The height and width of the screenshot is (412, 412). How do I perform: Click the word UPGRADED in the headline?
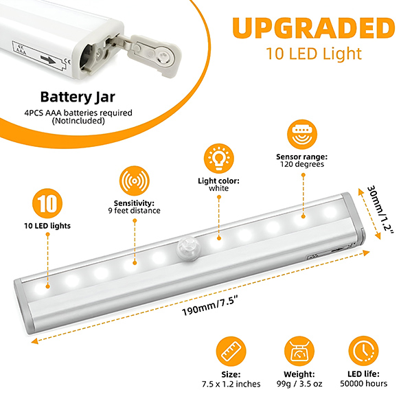tap(314, 28)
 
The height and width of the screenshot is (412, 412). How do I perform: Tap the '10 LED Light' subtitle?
tap(314, 54)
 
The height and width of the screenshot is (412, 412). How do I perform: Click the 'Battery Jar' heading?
tap(78, 97)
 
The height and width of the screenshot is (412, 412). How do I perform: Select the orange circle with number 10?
tap(47, 203)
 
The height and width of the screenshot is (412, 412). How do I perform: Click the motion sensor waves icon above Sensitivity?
tap(135, 181)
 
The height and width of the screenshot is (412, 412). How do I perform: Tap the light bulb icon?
tap(218, 159)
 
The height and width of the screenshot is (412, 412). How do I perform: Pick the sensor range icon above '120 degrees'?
tap(302, 135)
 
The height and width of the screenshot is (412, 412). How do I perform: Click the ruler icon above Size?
tap(231, 352)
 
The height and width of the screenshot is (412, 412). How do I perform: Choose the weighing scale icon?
tap(299, 351)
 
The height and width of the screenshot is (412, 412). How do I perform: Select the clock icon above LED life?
tap(363, 351)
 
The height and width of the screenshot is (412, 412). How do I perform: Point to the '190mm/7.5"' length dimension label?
tap(210, 306)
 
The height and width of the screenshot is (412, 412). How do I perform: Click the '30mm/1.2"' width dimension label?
tap(380, 209)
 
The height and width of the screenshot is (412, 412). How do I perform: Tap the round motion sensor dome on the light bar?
tap(187, 250)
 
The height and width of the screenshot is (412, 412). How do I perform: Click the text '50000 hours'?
tap(364, 384)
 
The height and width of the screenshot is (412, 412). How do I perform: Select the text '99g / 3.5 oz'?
tap(299, 384)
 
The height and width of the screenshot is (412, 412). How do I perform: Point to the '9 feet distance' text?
tap(135, 211)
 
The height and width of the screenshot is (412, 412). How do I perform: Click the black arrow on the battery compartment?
tap(48, 60)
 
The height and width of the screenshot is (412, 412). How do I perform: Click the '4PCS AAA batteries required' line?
tap(78, 113)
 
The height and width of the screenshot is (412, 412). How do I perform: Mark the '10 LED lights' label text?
tap(47, 226)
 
